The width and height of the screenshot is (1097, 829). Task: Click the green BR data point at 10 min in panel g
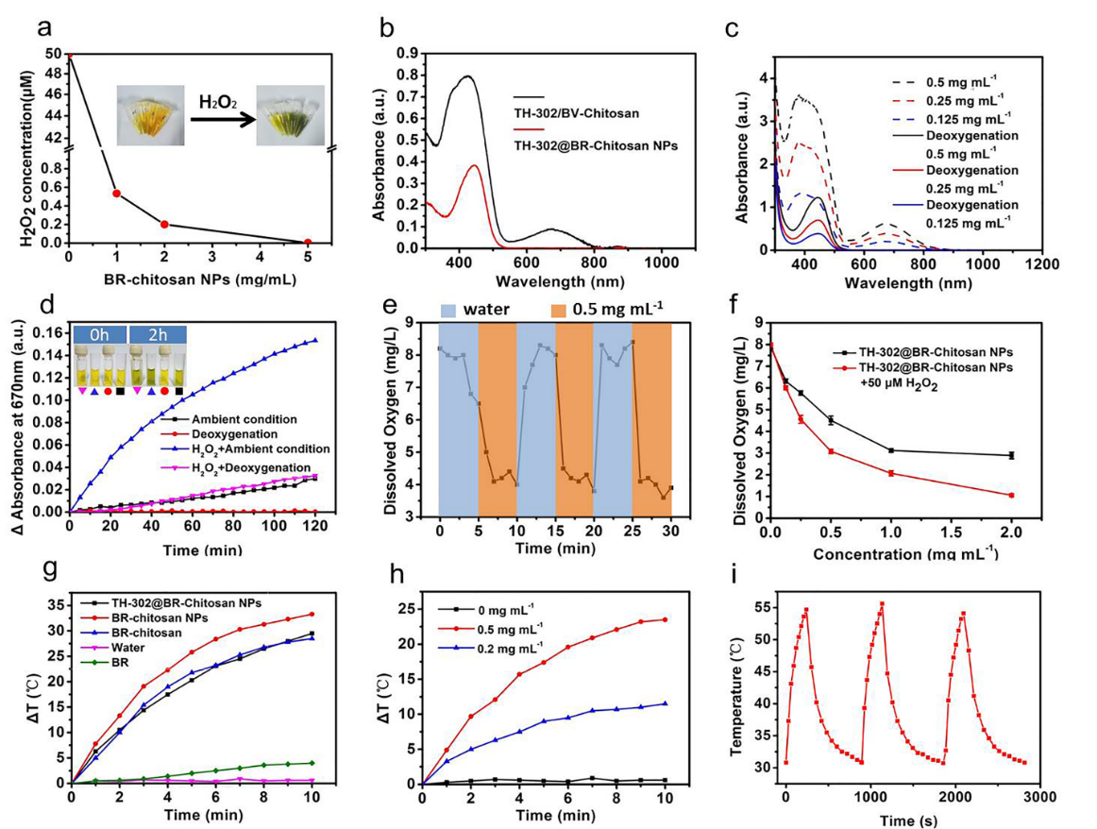(312, 763)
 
